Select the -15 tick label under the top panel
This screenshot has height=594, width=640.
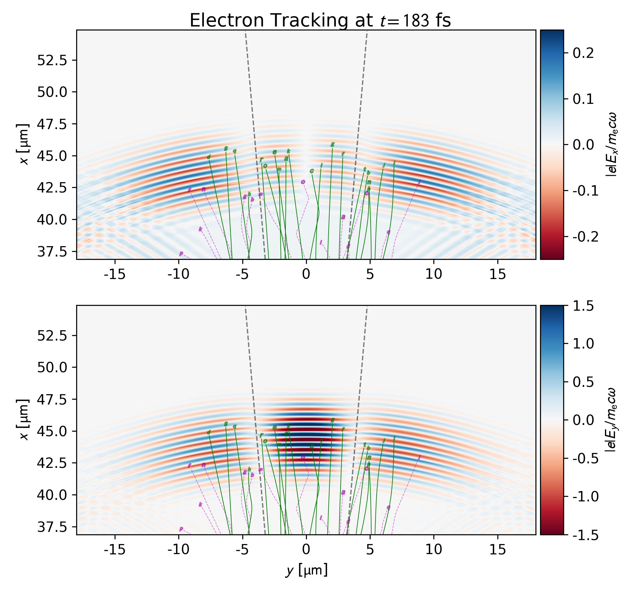(115, 274)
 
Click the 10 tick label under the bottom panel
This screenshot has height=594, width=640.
(434, 550)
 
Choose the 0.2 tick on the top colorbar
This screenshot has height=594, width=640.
(583, 53)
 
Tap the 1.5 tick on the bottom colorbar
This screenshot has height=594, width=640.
(583, 306)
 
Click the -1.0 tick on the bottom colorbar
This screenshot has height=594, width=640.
(585, 497)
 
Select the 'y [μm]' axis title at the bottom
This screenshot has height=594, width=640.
(306, 571)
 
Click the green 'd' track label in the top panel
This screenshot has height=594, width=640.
(209, 157)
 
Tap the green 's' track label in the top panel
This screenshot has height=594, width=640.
(226, 149)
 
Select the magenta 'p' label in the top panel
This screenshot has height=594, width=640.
(181, 254)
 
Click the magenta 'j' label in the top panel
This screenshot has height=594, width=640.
(419, 182)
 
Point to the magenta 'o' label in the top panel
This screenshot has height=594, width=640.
(303, 182)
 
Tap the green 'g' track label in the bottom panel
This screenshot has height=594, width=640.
(332, 420)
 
